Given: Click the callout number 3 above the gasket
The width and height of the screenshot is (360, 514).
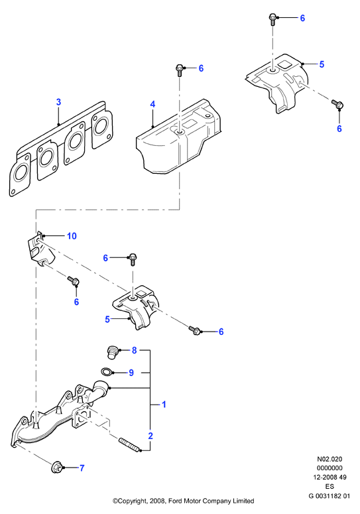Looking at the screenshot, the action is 58,102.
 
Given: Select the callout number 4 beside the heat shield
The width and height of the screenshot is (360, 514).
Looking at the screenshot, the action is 152,105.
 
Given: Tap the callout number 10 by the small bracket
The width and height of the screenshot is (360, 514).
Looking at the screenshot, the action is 72,235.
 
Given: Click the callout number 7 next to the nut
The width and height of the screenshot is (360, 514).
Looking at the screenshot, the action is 82,468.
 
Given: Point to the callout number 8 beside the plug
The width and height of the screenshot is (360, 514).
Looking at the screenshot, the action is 134,350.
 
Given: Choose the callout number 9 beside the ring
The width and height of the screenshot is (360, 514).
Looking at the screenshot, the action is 131,373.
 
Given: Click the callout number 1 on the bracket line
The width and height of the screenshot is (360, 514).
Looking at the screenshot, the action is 164,405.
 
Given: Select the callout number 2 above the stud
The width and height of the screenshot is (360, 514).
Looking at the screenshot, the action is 150,436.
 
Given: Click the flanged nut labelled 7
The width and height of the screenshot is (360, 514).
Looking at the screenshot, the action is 56,467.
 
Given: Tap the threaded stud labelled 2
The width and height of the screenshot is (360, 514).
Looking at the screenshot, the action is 130,444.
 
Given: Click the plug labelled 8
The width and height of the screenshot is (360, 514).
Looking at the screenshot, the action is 113,353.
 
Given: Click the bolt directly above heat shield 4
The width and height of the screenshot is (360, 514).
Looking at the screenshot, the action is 180,70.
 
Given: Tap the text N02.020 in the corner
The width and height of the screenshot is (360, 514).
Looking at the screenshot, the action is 330,459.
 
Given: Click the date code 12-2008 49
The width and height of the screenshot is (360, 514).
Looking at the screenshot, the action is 330,478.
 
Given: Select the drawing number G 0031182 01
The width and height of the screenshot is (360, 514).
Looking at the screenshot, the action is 330,495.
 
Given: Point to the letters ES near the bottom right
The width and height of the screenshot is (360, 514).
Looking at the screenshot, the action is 330,486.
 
